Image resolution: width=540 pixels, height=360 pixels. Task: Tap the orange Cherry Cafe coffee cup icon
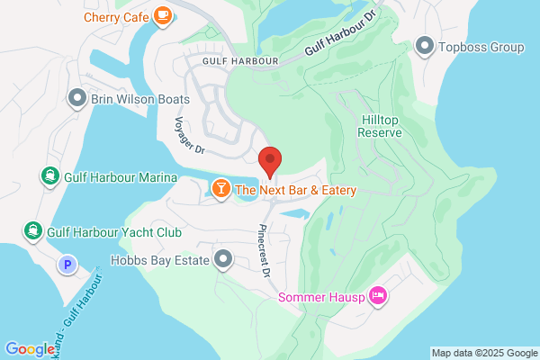(x=162, y=15)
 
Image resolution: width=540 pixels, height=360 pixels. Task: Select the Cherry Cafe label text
(x=116, y=16)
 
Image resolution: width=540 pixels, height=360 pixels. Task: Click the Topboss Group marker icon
(x=425, y=45)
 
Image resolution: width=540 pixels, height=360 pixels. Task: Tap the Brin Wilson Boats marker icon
(x=76, y=97)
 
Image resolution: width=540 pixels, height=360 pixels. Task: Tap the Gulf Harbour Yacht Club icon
(x=33, y=230)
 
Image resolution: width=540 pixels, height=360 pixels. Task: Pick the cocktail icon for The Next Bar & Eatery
(x=220, y=190)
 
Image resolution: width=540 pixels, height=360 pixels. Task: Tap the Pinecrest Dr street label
(x=265, y=243)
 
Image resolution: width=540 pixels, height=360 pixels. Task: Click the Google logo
(x=31, y=349)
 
